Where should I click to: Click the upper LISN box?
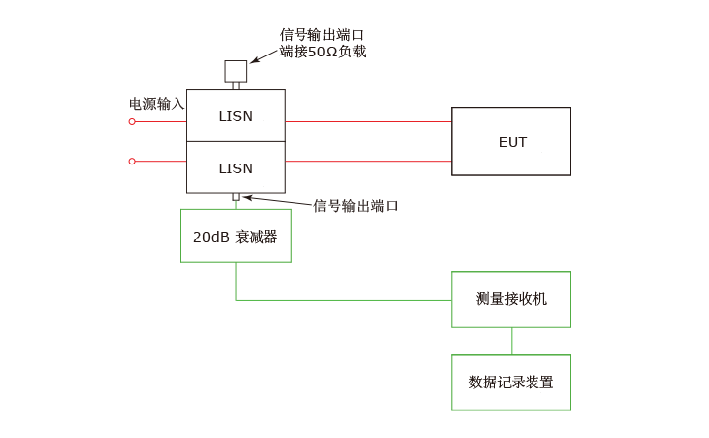click(236, 116)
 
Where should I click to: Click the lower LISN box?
click(236, 167)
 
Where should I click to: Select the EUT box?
click(511, 142)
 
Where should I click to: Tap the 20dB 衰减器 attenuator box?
click(236, 236)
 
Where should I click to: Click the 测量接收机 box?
click(511, 299)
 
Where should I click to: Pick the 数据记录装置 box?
click(511, 382)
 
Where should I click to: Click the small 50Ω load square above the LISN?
click(236, 71)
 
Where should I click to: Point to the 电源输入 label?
click(157, 103)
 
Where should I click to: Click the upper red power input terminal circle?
click(132, 121)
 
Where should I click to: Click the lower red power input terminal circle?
click(132, 161)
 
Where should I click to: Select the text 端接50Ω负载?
click(322, 52)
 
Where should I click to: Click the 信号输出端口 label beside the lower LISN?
click(355, 206)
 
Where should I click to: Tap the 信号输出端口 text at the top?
click(322, 34)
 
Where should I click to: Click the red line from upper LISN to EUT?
click(368, 121)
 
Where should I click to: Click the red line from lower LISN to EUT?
click(368, 161)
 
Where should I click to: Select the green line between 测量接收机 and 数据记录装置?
click(512, 341)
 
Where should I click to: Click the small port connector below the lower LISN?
click(236, 197)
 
